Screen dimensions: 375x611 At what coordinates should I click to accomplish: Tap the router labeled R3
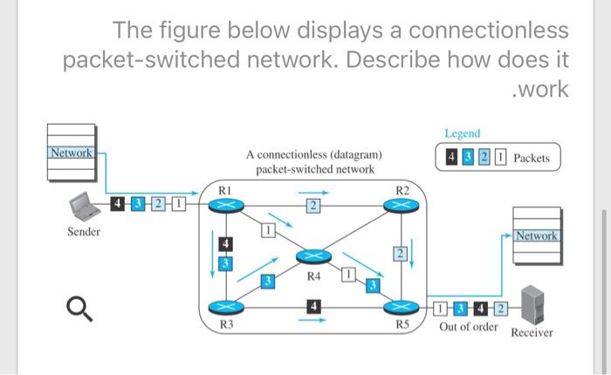coord(225,307)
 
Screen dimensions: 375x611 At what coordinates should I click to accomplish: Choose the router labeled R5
coord(401,307)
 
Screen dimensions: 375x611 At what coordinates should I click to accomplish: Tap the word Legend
coord(462,133)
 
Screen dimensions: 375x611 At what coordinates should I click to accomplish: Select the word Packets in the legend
coord(532,158)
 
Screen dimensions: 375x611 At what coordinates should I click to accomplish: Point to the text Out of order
coord(468,327)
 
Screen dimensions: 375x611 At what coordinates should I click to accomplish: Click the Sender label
coord(84,232)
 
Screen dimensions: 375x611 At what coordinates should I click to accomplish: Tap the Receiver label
coord(532,332)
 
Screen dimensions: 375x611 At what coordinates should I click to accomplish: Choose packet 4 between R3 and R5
coord(312,305)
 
